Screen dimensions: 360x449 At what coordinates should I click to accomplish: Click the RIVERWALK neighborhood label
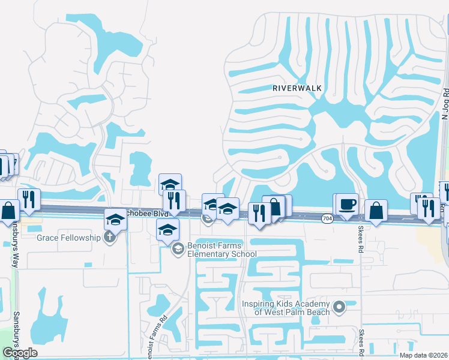297,88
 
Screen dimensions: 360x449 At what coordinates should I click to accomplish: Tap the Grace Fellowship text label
68,238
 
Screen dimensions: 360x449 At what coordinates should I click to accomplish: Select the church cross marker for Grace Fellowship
109,236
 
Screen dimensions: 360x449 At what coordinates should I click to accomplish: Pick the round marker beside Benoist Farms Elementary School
177,248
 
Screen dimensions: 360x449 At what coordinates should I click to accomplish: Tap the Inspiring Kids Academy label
286,308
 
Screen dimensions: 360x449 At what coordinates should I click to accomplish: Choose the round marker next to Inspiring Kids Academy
339,308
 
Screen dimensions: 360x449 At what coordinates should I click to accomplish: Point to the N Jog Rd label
445,103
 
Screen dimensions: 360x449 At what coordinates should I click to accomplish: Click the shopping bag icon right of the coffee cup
376,211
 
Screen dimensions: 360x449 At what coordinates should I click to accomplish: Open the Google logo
20,353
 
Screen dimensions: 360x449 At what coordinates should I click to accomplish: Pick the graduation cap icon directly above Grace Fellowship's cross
115,219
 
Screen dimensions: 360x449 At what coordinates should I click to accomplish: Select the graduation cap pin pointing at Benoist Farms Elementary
167,229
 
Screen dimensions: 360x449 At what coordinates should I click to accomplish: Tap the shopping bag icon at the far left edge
9,211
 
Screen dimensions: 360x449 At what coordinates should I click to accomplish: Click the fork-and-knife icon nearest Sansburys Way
29,199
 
